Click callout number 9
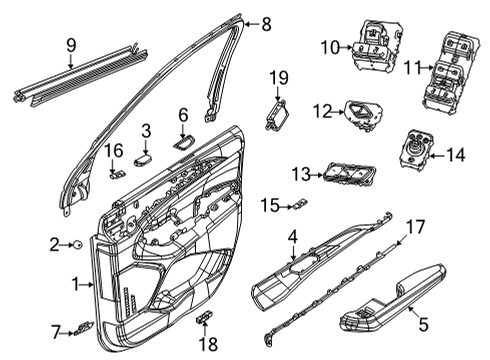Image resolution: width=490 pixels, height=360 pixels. pos(70,45)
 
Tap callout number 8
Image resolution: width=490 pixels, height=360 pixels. pos(266,23)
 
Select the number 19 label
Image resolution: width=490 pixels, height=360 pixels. pos(278,77)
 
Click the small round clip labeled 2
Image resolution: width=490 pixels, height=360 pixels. pos(77,243)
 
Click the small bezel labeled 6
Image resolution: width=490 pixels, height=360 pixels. pos(185,142)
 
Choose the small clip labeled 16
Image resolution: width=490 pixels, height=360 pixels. pos(117,170)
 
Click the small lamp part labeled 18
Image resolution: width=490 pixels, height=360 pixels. pos(205,318)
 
